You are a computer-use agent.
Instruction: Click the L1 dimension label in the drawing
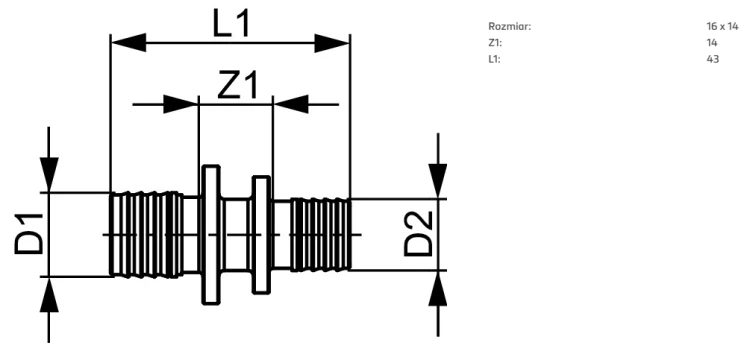231,23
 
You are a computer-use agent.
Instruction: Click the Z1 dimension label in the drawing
237,85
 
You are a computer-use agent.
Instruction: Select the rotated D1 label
29,234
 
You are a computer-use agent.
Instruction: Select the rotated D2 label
419,234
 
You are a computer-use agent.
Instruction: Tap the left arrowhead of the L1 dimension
128,43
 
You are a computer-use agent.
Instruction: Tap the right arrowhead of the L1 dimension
332,43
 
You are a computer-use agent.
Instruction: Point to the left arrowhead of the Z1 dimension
181,104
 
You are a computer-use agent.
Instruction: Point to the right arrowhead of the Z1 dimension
290,104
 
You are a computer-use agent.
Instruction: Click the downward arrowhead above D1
49,175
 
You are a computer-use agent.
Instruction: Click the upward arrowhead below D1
49,295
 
